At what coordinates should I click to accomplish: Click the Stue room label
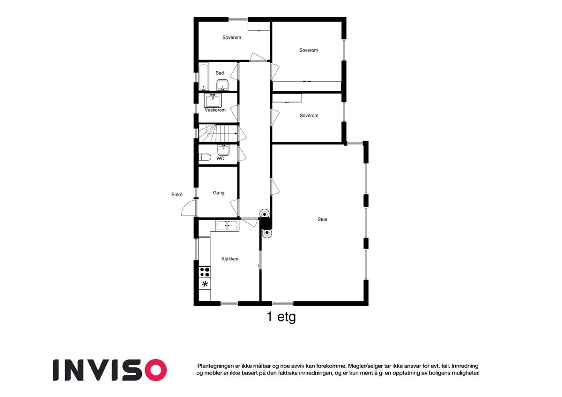point(322,219)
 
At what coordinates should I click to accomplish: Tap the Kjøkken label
point(230,258)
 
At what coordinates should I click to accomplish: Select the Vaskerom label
point(215,110)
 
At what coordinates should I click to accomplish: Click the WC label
point(220,159)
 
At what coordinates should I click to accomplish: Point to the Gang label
point(218,193)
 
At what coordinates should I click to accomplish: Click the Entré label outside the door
point(177,195)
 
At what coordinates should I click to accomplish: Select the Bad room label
point(220,73)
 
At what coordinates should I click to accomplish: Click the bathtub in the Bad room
point(204,77)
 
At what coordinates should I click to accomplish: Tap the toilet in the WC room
point(204,157)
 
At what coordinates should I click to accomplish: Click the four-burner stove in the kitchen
point(205,272)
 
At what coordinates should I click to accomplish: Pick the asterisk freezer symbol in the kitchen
point(205,284)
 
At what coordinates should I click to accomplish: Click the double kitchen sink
point(228,226)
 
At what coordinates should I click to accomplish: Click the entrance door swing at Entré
point(188,208)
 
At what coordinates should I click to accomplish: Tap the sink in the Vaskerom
point(213,101)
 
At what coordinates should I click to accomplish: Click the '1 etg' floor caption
point(281,317)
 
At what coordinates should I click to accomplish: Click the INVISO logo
point(110,370)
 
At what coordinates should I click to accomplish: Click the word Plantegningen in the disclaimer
point(217,366)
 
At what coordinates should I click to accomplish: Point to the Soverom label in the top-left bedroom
point(231,37)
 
